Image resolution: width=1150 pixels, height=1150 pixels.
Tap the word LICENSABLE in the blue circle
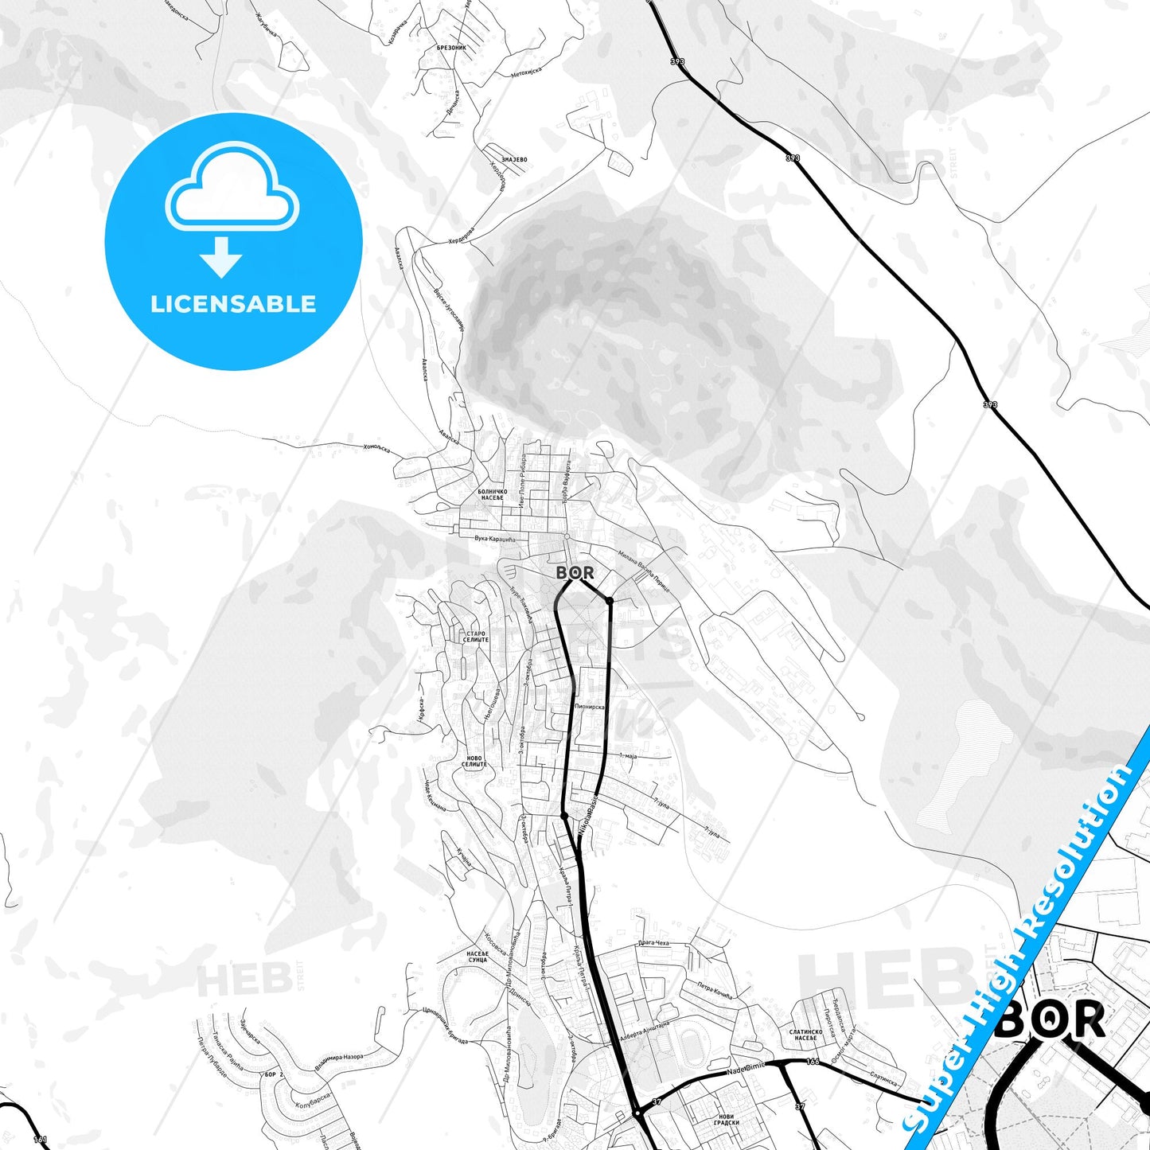233,304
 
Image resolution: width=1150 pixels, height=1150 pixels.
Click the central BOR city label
575,572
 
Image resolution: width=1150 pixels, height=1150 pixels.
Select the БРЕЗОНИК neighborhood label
451,48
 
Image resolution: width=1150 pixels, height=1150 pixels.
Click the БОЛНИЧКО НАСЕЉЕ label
492,495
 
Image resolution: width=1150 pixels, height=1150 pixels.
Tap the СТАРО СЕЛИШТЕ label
474,637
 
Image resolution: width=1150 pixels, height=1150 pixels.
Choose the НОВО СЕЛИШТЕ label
474,762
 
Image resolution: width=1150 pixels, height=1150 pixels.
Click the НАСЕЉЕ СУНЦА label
477,957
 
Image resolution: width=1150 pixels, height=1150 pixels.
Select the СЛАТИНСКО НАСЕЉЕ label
805,1035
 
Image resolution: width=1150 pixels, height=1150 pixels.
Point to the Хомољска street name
376,447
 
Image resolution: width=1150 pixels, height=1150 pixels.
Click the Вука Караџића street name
495,539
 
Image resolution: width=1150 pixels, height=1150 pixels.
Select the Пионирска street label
589,707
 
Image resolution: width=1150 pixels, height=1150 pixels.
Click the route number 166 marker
812,1062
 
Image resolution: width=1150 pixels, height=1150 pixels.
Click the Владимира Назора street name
339,1059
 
